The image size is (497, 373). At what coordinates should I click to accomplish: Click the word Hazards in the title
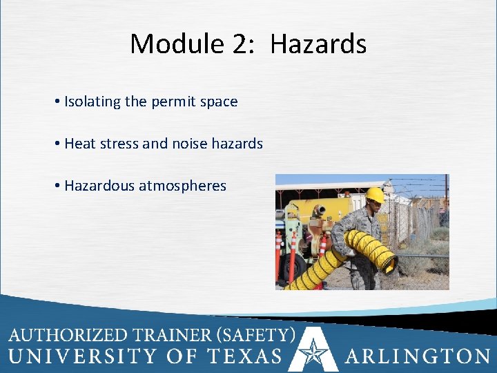coord(318,44)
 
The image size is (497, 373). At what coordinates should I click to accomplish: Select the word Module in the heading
coord(175,44)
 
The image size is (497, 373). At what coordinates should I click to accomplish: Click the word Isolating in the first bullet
coord(92,102)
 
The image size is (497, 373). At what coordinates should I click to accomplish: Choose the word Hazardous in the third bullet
coord(99,186)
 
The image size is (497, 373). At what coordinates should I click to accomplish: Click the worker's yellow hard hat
coord(375,195)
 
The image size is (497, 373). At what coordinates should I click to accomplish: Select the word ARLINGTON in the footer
coord(418,356)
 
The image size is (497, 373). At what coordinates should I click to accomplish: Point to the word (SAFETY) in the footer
coord(256,336)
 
